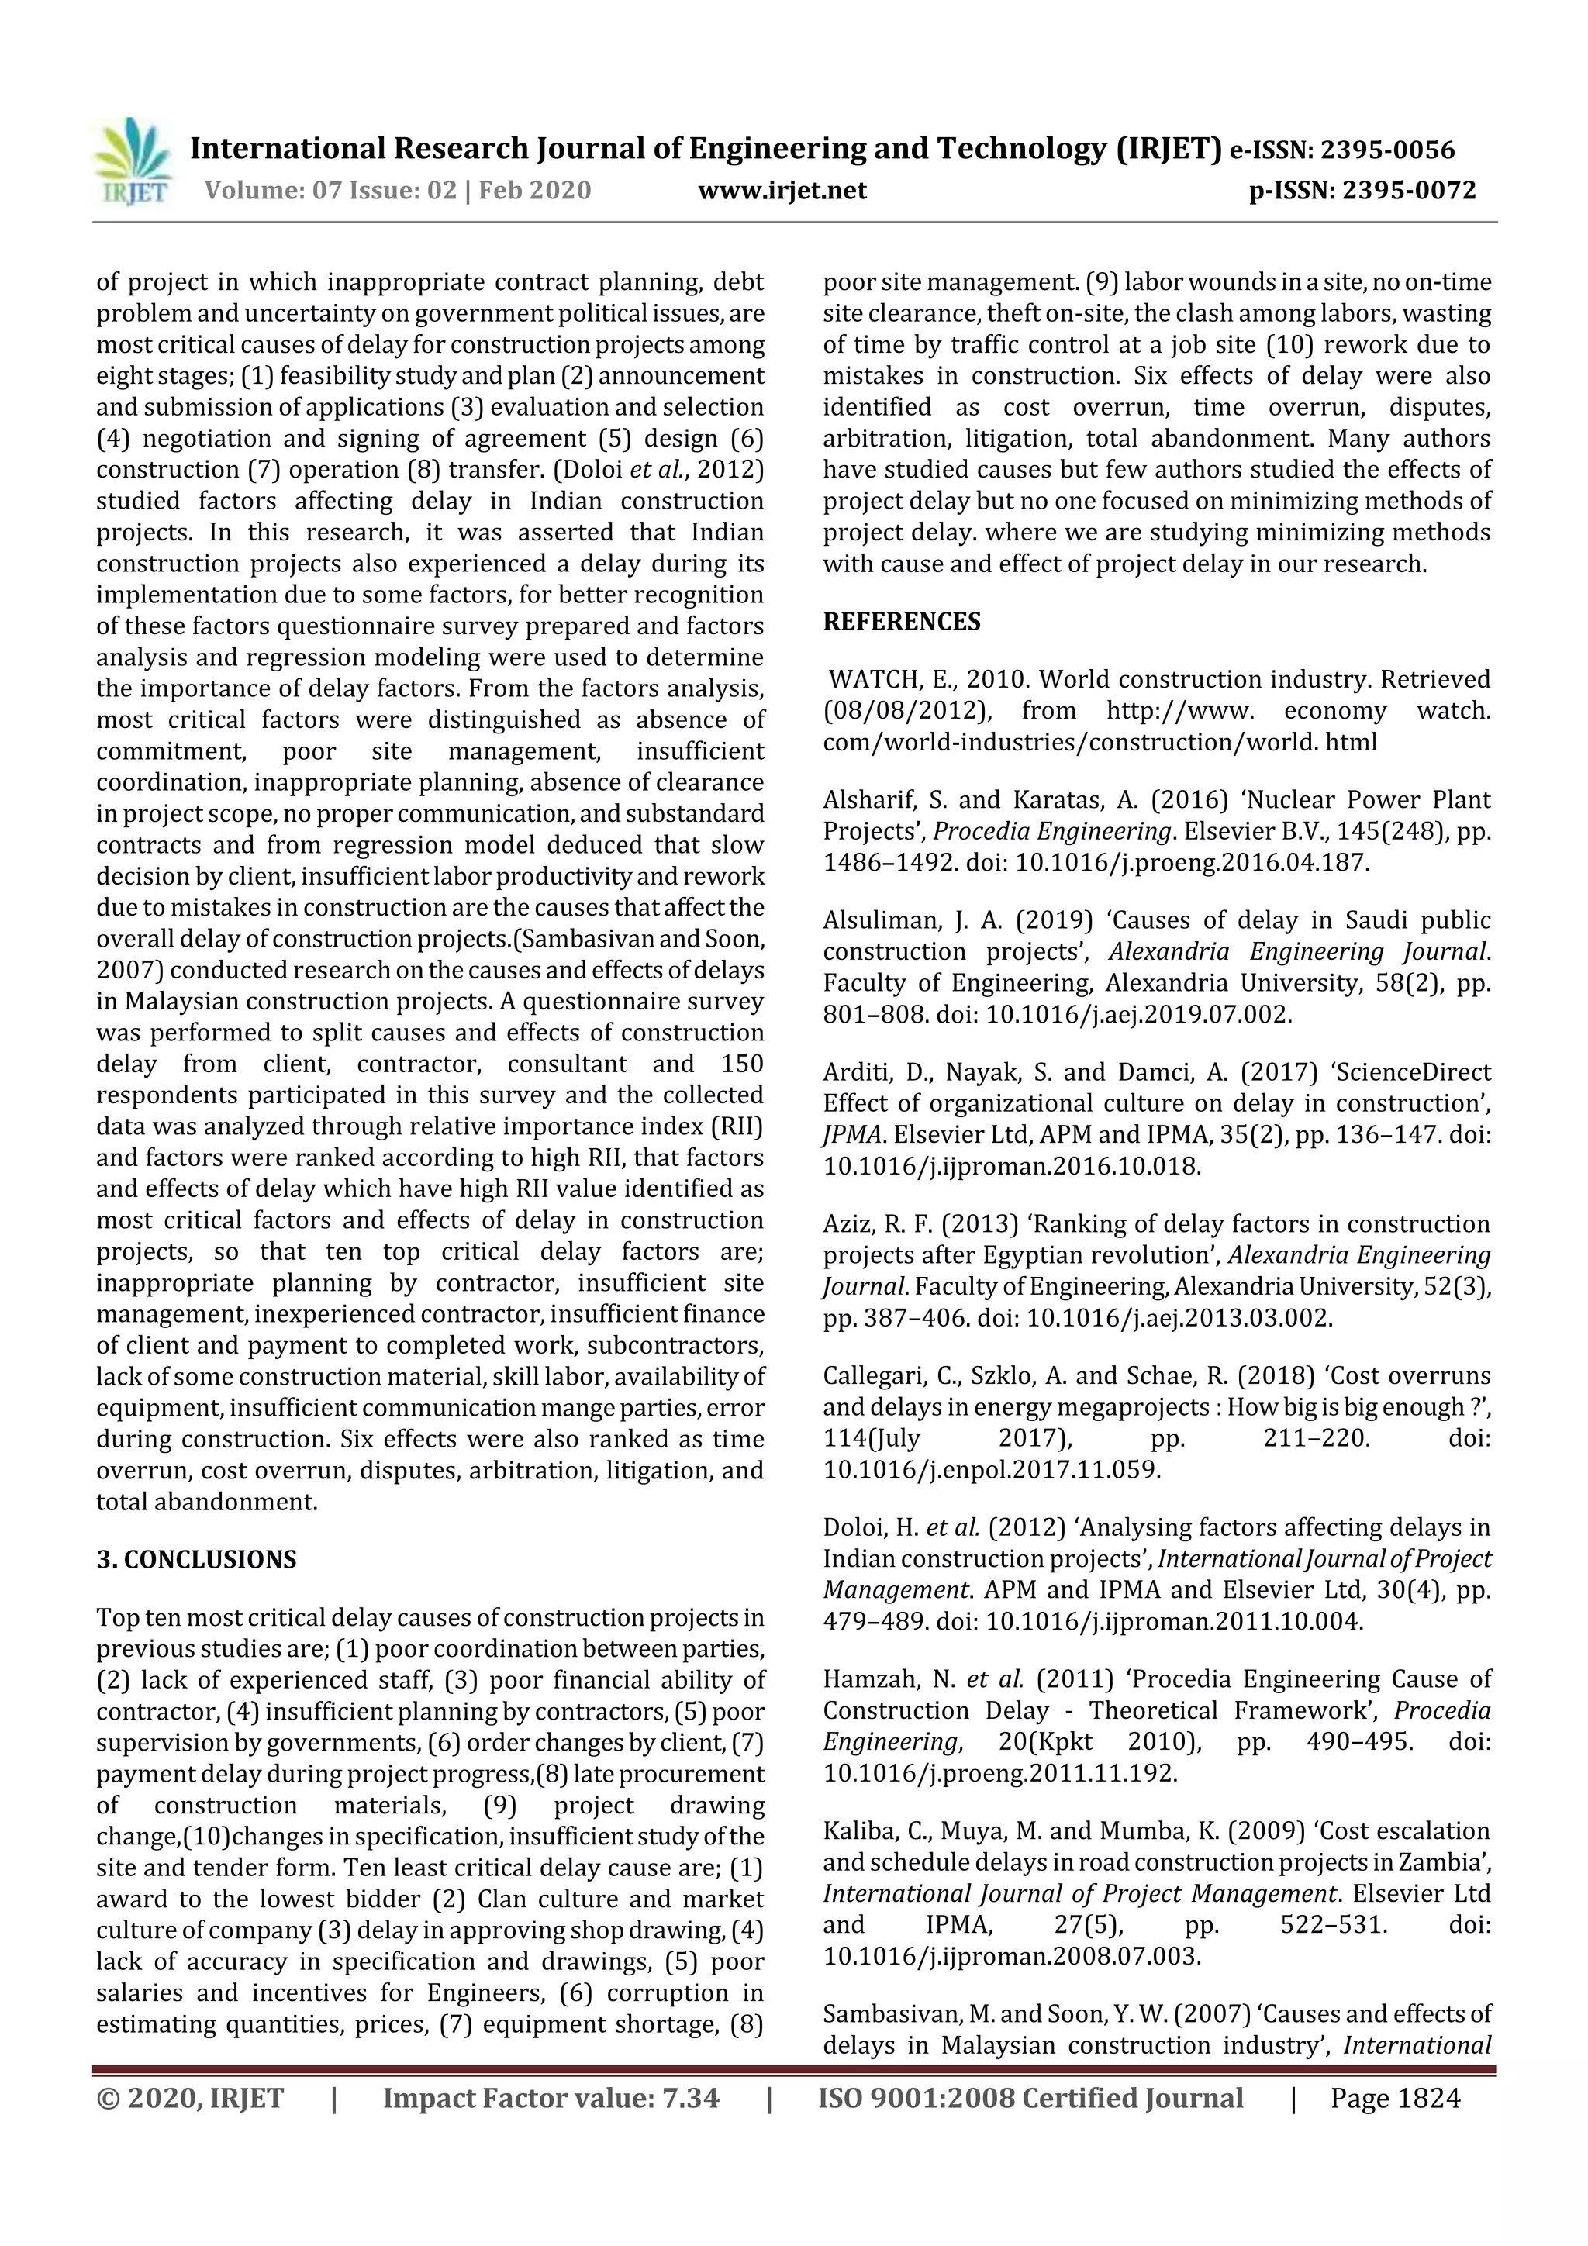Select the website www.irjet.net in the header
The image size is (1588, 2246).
(x=782, y=191)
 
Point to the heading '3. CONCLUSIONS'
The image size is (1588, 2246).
(x=195, y=1559)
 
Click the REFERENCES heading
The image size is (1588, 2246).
(x=901, y=622)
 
